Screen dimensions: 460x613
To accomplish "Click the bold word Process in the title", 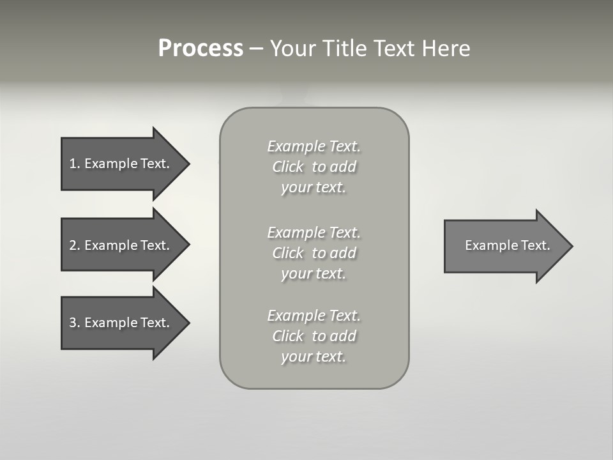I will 201,49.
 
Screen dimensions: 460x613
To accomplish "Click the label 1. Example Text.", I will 119,164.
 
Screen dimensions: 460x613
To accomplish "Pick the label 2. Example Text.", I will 119,245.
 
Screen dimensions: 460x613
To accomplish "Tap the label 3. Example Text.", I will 119,323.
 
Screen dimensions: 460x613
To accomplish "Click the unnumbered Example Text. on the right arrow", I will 508,245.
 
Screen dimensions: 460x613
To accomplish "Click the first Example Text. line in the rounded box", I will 314,146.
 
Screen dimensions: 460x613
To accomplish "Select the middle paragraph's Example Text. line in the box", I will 314,233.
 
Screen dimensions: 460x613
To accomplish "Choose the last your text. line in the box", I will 314,356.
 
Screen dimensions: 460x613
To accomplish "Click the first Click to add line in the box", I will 314,167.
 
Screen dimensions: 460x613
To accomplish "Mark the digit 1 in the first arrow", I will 72,164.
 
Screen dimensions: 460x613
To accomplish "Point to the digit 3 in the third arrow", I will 73,323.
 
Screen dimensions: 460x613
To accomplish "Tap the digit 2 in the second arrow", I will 73,245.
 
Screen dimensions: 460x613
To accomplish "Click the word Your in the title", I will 292,49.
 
